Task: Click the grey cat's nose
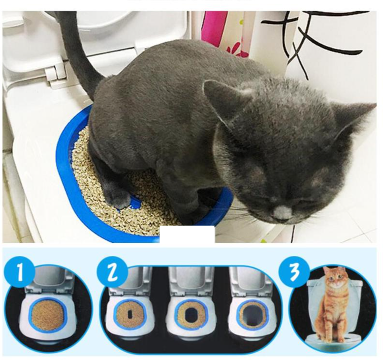pos(282,213)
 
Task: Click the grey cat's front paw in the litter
pos(119,198)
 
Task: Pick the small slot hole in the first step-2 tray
pos(130,314)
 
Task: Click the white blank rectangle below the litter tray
pos(187,234)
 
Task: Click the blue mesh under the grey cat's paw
pos(134,202)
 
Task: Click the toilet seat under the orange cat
pos(334,339)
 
